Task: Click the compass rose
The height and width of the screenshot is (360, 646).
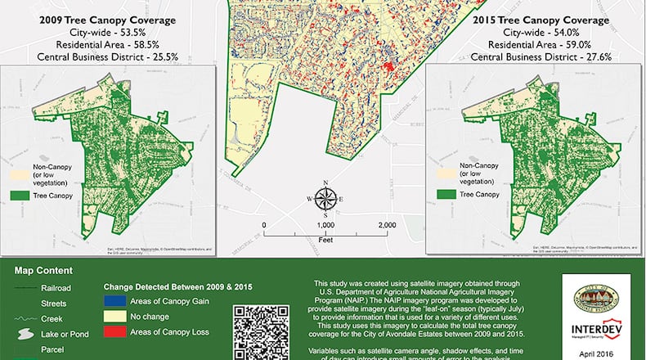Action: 325,198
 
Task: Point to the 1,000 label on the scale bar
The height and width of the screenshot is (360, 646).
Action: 325,225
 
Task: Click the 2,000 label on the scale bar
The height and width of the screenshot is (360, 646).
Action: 387,225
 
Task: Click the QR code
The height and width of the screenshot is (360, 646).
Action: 262,331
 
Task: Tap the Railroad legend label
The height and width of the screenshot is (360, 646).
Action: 56,288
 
